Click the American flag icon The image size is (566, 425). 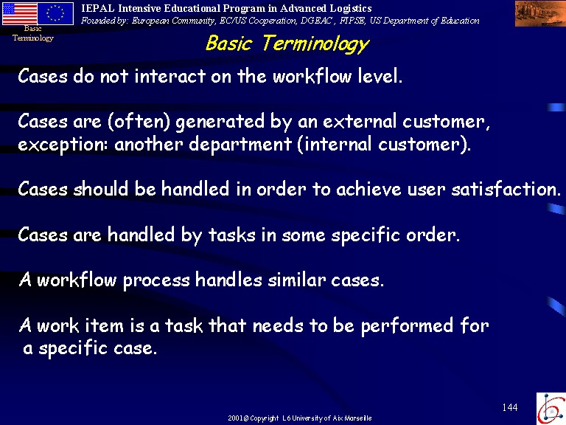coord(19,13)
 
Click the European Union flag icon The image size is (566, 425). coord(55,13)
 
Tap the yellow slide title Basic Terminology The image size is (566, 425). coord(287,44)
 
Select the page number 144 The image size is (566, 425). coord(510,407)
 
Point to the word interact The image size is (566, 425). coord(170,76)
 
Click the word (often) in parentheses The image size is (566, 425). coord(139,121)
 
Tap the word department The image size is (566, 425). coord(240,144)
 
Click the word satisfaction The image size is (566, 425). coord(506,189)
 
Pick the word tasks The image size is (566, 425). coord(231,235)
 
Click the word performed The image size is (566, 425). coord(407,325)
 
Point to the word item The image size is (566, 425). coord(105,325)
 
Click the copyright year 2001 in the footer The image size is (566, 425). coord(235,418)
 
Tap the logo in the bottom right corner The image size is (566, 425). coord(551,408)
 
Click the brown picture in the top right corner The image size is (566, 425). coord(540,13)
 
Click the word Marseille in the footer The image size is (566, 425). coord(358,418)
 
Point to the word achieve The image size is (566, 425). coord(368,189)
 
